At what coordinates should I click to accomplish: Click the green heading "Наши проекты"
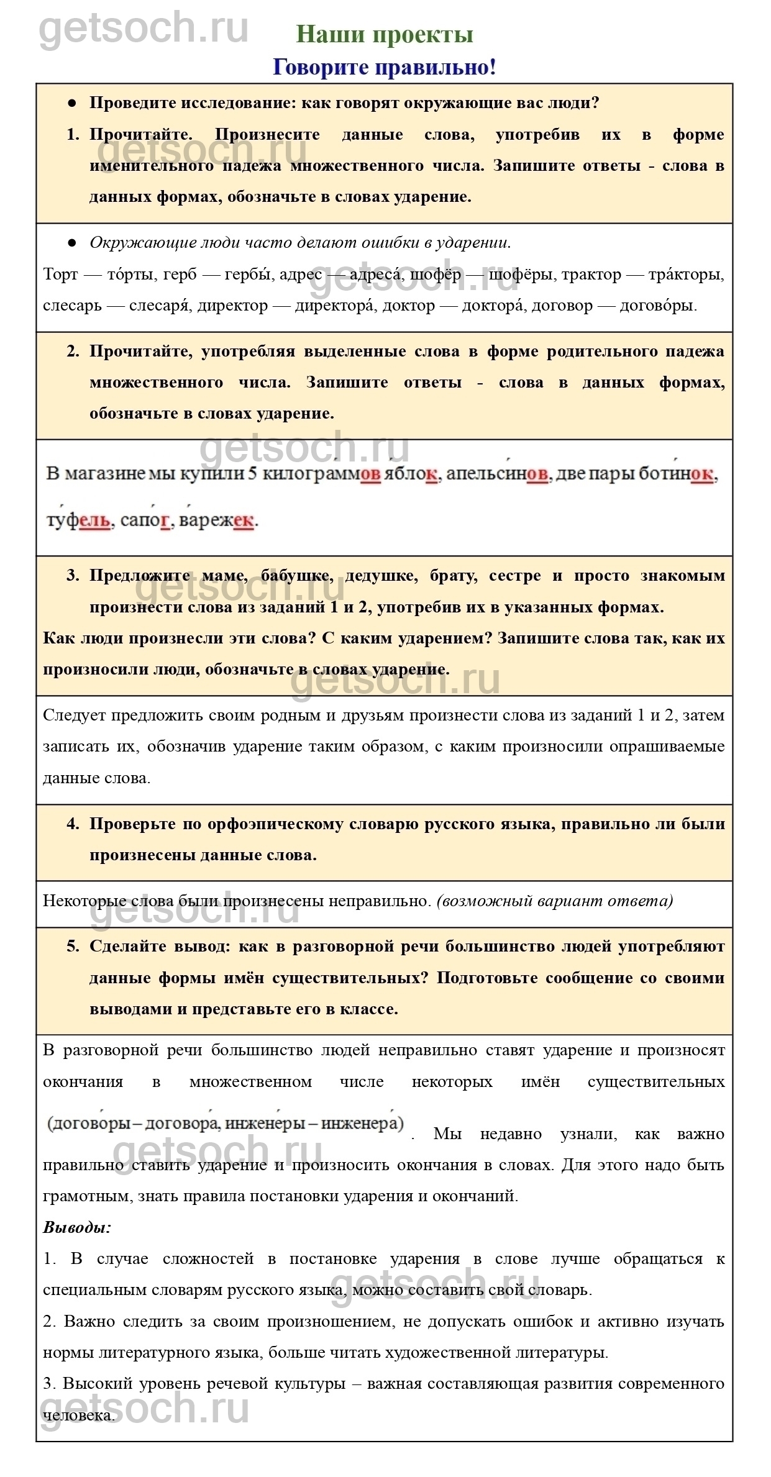point(385,35)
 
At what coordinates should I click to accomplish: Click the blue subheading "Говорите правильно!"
point(385,67)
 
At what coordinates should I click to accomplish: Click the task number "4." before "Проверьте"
point(73,824)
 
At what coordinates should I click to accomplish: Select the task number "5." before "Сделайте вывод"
point(73,947)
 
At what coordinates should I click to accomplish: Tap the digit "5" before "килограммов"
point(253,475)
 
